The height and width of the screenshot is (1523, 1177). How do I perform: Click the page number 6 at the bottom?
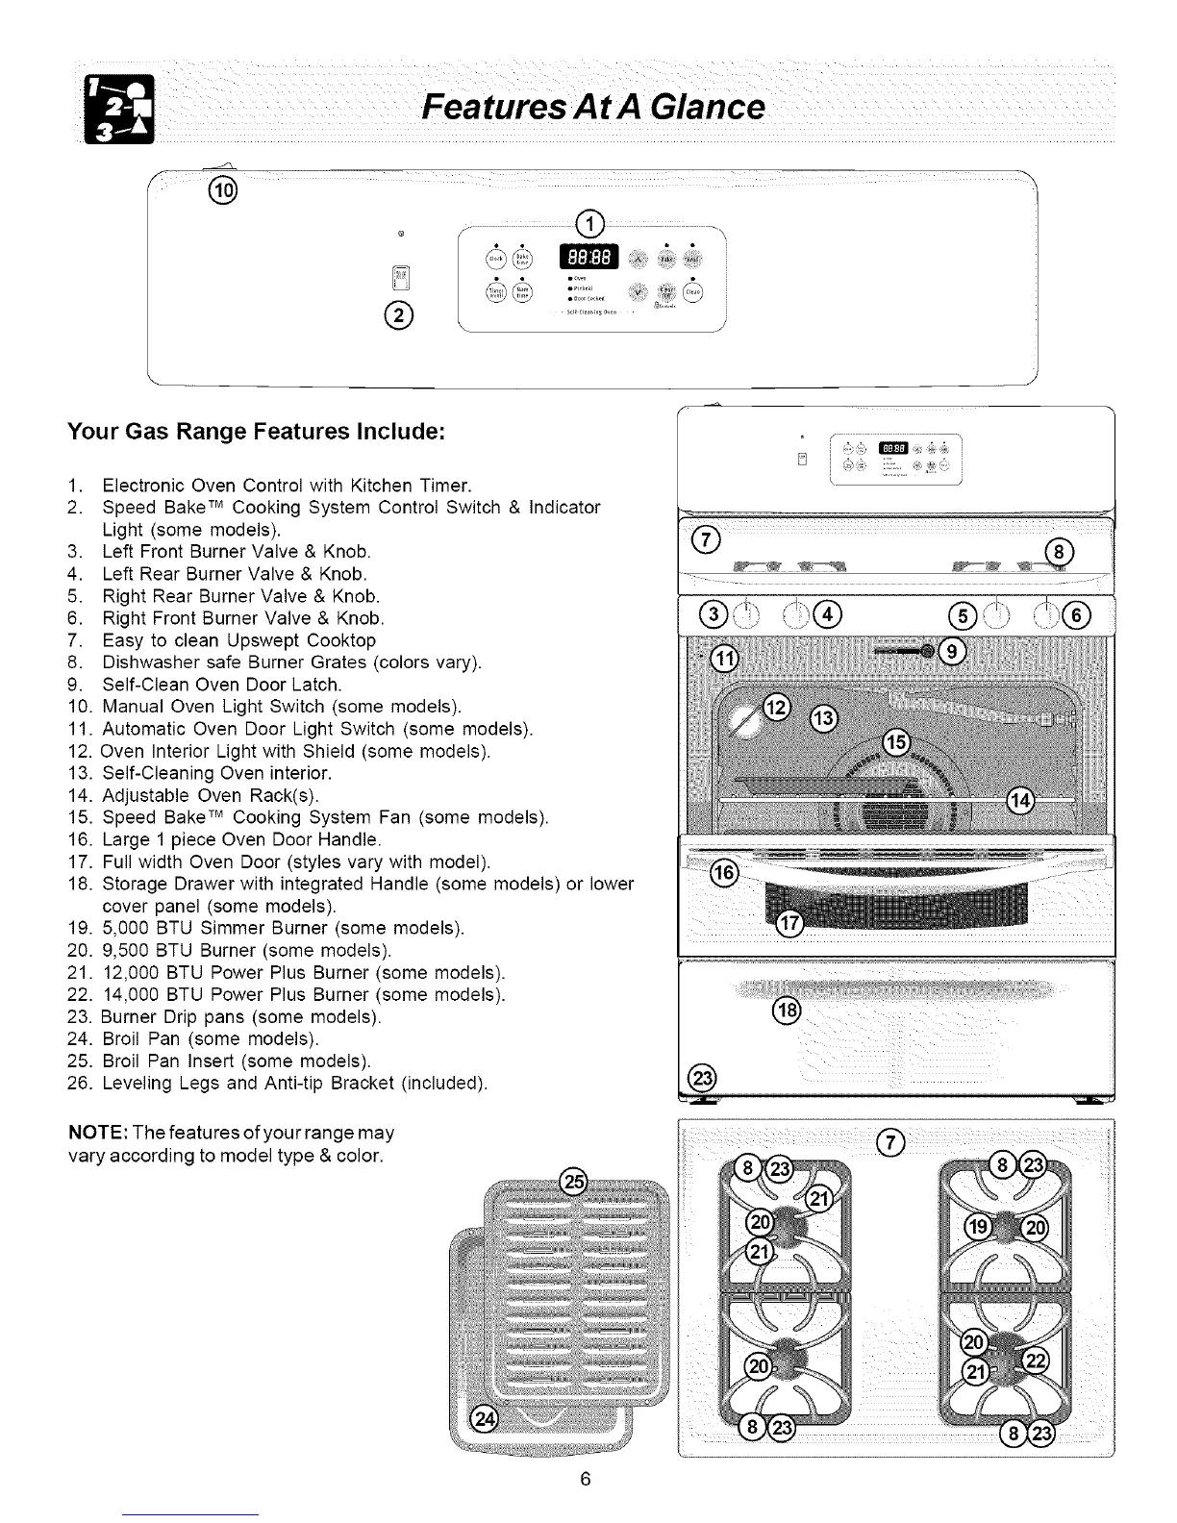click(x=584, y=1478)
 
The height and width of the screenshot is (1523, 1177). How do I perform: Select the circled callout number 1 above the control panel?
click(x=588, y=226)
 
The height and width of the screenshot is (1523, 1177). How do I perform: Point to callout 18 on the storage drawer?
click(x=787, y=1010)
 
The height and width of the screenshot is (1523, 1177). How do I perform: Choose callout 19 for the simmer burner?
click(x=980, y=1226)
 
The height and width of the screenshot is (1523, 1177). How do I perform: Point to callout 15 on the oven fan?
click(x=895, y=742)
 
